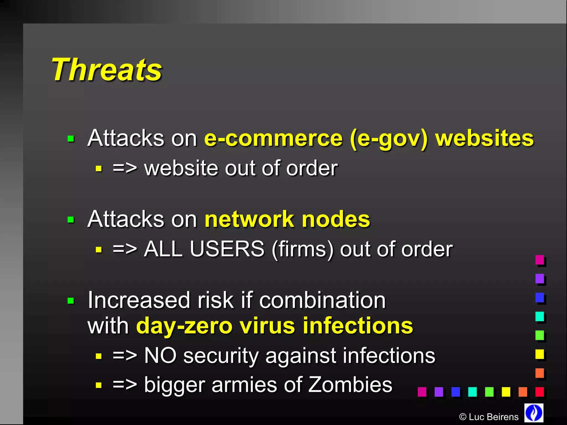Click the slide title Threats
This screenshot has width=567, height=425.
click(107, 70)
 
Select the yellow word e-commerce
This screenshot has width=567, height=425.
click(274, 138)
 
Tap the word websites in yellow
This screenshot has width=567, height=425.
click(484, 138)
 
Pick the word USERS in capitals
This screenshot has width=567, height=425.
click(227, 249)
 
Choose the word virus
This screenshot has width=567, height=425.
click(267, 326)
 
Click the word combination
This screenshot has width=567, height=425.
click(322, 300)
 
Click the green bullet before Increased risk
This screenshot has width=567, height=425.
click(71, 301)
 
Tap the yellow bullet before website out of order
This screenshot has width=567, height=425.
click(99, 169)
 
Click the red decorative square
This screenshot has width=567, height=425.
click(540, 392)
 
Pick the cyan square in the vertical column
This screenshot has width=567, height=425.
click(540, 316)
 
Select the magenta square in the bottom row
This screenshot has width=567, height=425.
click(422, 392)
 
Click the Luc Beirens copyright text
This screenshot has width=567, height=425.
click(489, 417)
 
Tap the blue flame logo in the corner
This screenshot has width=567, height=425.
click(534, 413)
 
